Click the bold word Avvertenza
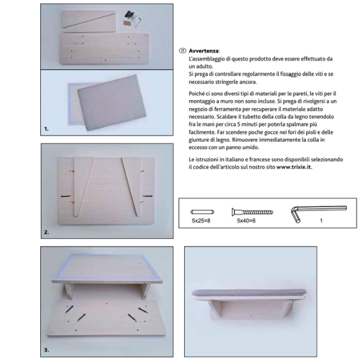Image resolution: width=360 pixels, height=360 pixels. coord(204,52)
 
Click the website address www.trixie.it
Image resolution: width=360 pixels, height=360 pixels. coord(294,167)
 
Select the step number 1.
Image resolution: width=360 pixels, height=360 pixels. coord(46,128)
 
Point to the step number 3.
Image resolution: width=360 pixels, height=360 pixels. coord(46,349)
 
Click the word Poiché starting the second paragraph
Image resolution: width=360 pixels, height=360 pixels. coord(199,93)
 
